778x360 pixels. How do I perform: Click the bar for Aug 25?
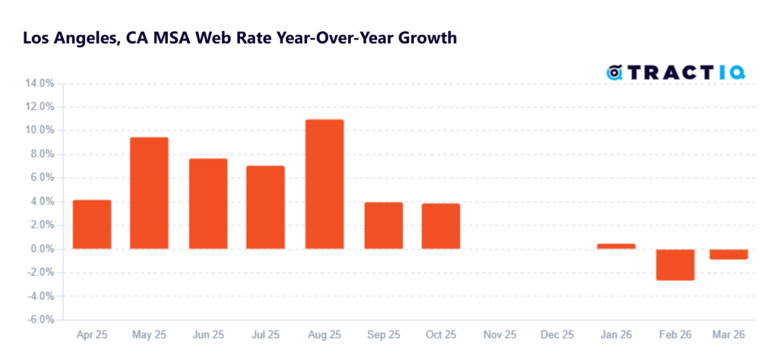pyautogui.click(x=324, y=184)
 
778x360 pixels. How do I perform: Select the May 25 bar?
pyautogui.click(x=150, y=193)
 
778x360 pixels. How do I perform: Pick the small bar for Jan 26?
pyautogui.click(x=616, y=246)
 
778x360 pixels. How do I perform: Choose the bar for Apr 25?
pyautogui.click(x=92, y=224)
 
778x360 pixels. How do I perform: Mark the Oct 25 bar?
pyautogui.click(x=441, y=226)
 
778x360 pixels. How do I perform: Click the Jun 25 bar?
pyautogui.click(x=208, y=204)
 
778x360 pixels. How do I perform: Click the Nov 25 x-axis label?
pyautogui.click(x=500, y=335)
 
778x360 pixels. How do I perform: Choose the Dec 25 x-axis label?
pyautogui.click(x=558, y=335)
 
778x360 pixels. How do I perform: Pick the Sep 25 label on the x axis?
pyautogui.click(x=384, y=335)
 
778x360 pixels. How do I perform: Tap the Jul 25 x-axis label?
pyautogui.click(x=267, y=335)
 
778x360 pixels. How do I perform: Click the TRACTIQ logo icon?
pyautogui.click(x=615, y=73)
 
